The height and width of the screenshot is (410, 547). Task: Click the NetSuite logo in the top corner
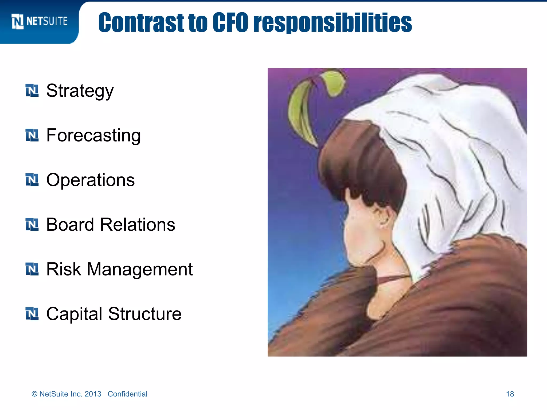pyautogui.click(x=40, y=21)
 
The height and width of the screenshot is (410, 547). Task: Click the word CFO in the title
pyautogui.click(x=230, y=22)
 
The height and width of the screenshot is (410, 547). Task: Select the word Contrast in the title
pyautogui.click(x=141, y=22)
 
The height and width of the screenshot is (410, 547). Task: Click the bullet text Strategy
pyautogui.click(x=80, y=91)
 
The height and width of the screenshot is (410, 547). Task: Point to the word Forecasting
pyautogui.click(x=93, y=136)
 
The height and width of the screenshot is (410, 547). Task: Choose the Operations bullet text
pyautogui.click(x=90, y=180)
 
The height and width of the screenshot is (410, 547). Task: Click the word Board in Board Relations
pyautogui.click(x=70, y=224)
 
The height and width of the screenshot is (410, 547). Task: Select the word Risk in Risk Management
pyautogui.click(x=63, y=269)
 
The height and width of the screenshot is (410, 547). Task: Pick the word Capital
pyautogui.click(x=74, y=314)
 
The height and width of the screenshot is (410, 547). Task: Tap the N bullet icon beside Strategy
pyautogui.click(x=32, y=90)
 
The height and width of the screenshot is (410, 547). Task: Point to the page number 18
pyautogui.click(x=510, y=394)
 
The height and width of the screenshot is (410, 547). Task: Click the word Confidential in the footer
pyautogui.click(x=127, y=394)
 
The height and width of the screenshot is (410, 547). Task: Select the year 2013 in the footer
pyautogui.click(x=93, y=394)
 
